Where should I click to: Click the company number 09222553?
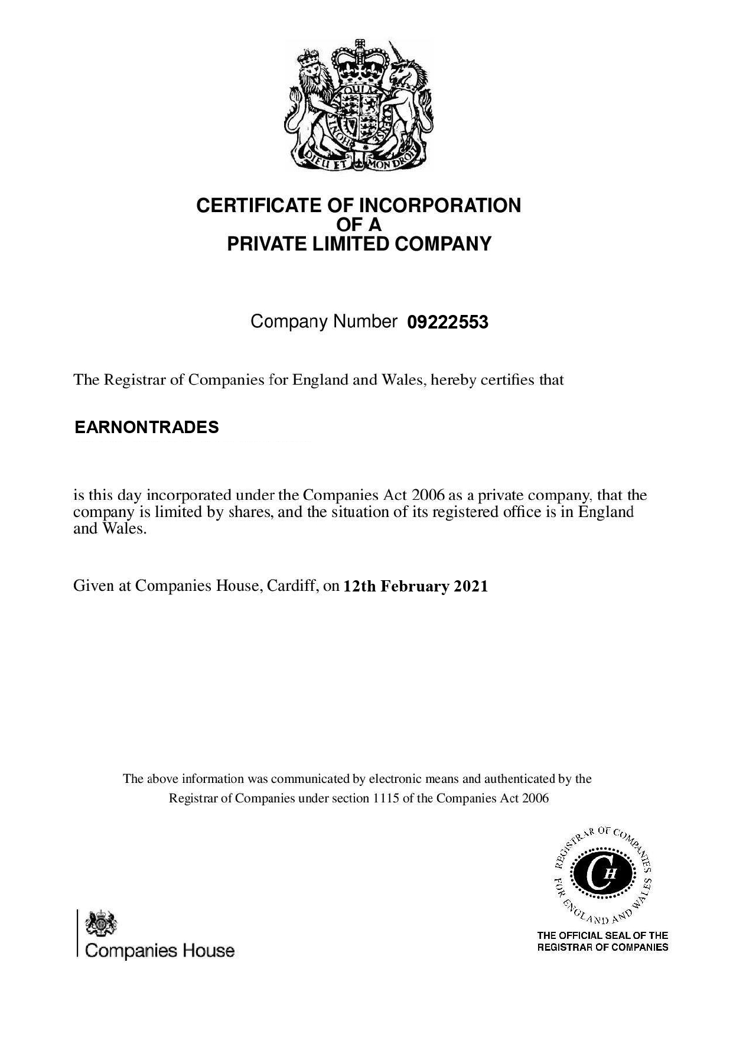(x=448, y=323)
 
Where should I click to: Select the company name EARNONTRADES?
(x=146, y=427)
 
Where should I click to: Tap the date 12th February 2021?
(x=416, y=586)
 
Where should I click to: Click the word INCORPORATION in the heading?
(x=440, y=206)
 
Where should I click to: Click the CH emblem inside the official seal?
(x=602, y=873)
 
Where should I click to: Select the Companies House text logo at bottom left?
(x=160, y=951)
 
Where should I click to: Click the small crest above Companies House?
(x=102, y=924)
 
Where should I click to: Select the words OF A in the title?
(x=359, y=225)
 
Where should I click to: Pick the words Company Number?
(x=324, y=322)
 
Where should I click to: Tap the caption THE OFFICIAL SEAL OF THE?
(x=602, y=935)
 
